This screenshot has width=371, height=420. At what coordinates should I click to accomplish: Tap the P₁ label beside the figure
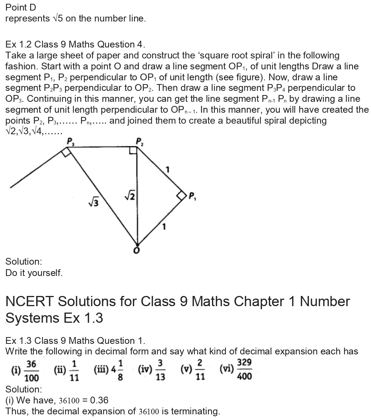(x=192, y=196)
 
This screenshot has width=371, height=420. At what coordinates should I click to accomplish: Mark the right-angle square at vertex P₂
(x=133, y=150)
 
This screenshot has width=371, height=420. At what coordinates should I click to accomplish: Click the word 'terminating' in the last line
(x=196, y=411)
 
